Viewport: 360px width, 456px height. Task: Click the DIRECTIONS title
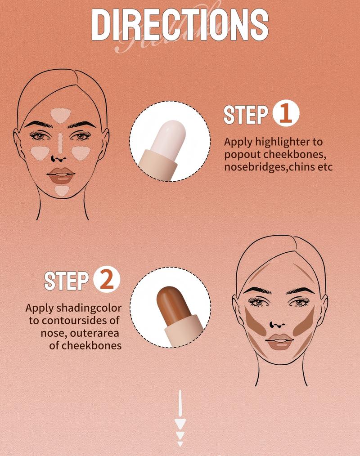180,25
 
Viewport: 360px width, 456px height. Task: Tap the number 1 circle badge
286,114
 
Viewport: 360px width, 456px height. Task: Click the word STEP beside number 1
246,115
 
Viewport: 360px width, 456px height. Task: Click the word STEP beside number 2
66,281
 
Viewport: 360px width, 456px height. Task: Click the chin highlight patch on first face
62,190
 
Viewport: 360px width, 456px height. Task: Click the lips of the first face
61,175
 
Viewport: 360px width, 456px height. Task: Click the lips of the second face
279,342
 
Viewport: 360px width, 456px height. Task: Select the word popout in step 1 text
241,154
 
